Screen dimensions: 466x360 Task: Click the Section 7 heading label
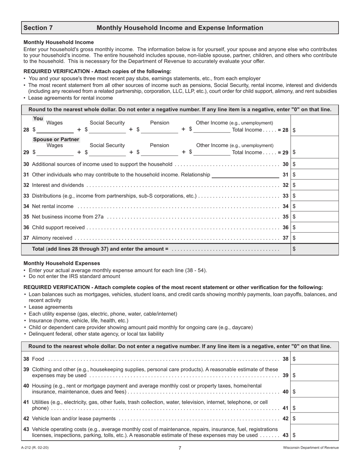(38, 28)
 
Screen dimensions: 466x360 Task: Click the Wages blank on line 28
(55, 130)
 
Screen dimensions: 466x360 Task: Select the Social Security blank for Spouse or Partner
(107, 152)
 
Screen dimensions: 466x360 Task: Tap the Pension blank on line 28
(159, 130)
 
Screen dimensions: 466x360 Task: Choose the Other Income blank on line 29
(211, 152)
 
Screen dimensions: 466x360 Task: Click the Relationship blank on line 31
(245, 175)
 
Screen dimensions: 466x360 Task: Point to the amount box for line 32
(315, 185)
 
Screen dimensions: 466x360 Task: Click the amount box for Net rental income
(315, 206)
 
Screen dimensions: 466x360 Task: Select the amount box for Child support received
(315, 228)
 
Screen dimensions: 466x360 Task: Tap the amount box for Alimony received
(315, 238)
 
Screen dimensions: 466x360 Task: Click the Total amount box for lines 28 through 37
(315, 249)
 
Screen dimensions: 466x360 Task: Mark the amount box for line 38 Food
(315, 359)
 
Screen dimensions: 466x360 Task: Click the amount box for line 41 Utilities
(315, 408)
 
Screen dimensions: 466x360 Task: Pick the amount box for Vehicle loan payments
(315, 419)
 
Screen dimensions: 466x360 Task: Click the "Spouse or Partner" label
(56, 139)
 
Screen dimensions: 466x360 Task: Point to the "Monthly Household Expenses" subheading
(62, 263)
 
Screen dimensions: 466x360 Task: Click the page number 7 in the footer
(180, 448)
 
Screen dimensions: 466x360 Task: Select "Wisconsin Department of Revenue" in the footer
(311, 448)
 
